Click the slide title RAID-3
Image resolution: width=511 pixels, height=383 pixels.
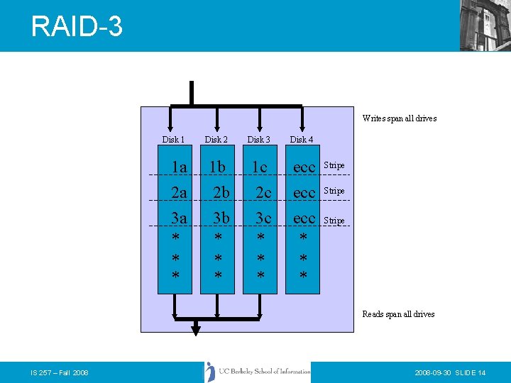[77, 26]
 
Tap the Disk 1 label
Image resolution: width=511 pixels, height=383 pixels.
[173, 140]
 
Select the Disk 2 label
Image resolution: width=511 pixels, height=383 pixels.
[216, 140]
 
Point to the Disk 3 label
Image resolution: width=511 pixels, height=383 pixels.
[258, 140]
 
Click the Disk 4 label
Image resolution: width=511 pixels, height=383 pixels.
[301, 140]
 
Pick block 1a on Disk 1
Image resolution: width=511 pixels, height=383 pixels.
[179, 167]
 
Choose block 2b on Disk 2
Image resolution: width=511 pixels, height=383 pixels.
[221, 193]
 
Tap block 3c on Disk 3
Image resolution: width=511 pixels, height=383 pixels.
[263, 218]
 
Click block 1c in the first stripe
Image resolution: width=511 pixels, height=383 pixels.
[258, 167]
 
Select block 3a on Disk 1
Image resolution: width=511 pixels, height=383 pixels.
[179, 218]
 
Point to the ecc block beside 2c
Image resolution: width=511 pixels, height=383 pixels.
[303, 193]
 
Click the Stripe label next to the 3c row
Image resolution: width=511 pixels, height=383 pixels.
[334, 221]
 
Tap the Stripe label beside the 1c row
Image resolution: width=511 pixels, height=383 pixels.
[334, 165]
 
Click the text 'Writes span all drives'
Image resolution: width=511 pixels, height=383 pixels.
[399, 118]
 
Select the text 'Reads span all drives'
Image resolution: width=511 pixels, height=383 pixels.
[398, 314]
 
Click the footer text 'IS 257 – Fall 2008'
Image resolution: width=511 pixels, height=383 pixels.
[60, 372]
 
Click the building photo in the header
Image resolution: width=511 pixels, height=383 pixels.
[485, 26]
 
